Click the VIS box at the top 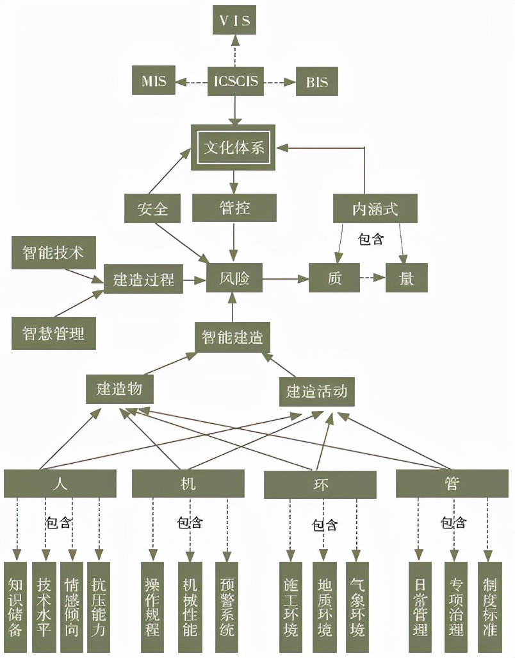[x=234, y=21]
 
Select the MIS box [x=153, y=81]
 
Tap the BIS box [x=316, y=82]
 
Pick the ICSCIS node [x=236, y=81]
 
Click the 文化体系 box [x=234, y=148]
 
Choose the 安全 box [x=152, y=209]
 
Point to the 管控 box [x=234, y=208]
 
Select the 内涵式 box [x=375, y=209]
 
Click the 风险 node [x=234, y=279]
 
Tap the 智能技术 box [x=53, y=252]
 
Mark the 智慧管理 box [x=53, y=333]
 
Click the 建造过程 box [x=143, y=279]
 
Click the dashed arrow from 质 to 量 [x=372, y=278]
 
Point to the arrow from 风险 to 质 [x=284, y=278]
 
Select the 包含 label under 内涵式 [x=371, y=240]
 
